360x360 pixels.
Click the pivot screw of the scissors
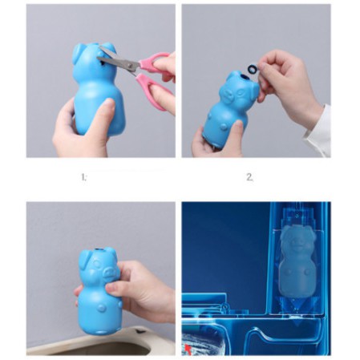click(x=131, y=65)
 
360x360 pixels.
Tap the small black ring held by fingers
click(x=252, y=69)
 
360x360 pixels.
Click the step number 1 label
click(x=84, y=177)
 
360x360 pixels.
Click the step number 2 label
click(x=249, y=177)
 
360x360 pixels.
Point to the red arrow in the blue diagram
click(x=188, y=349)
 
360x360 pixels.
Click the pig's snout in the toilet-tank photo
click(x=109, y=272)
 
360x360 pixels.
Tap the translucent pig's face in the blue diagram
click(x=297, y=242)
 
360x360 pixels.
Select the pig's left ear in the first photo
click(x=79, y=55)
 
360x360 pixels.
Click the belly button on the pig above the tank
click(x=101, y=308)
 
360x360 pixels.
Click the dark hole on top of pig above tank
click(x=99, y=250)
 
